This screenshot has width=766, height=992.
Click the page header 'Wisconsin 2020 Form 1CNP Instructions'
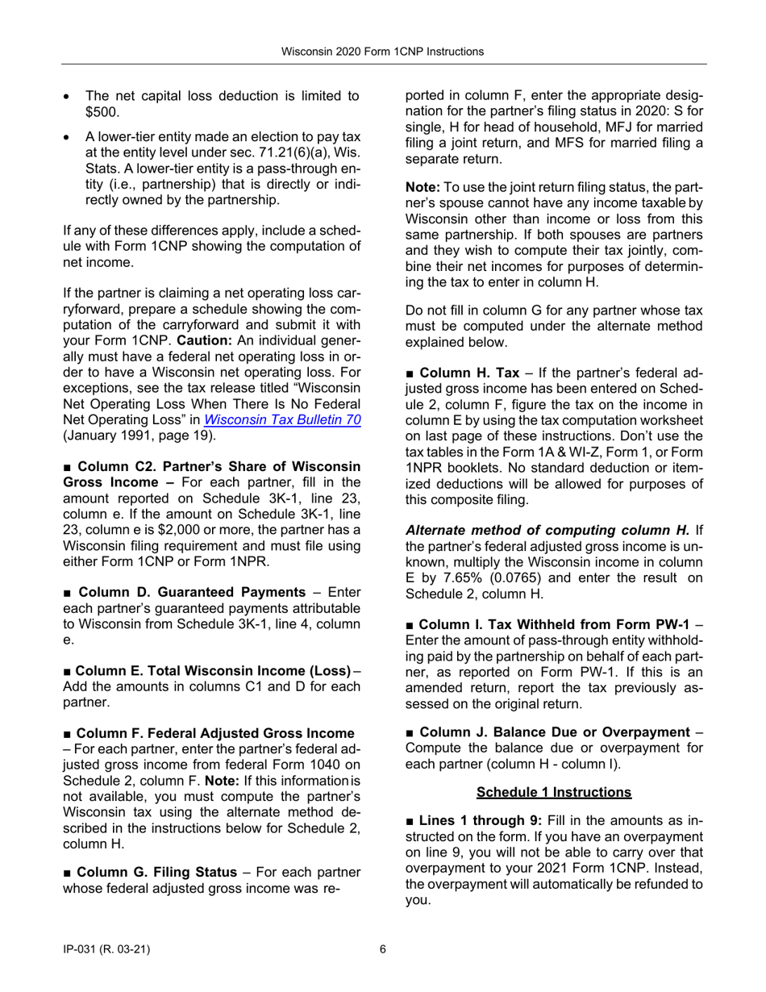pyautogui.click(x=382, y=52)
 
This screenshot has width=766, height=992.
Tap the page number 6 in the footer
pyautogui.click(x=383, y=949)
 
